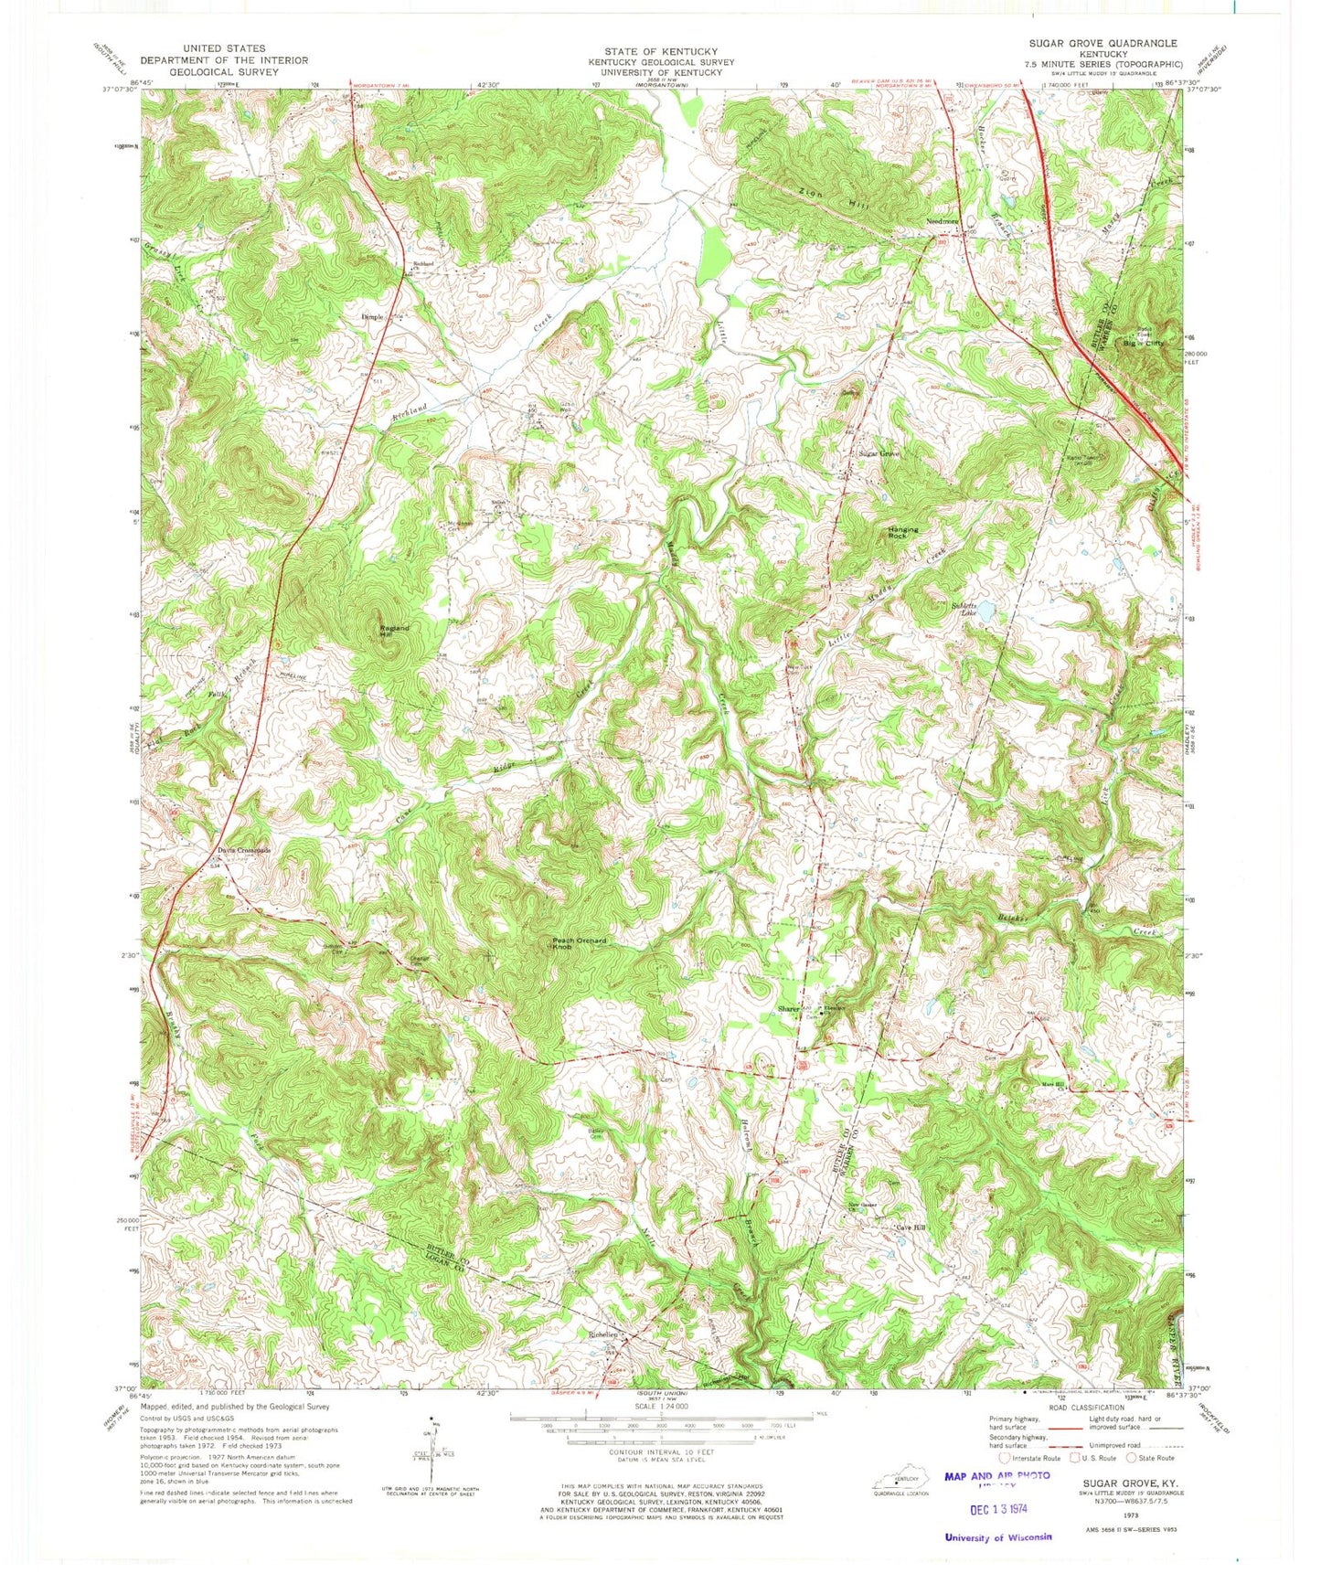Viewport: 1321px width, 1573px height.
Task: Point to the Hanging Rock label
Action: coord(902,533)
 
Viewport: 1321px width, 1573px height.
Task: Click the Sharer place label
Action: coord(788,1009)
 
